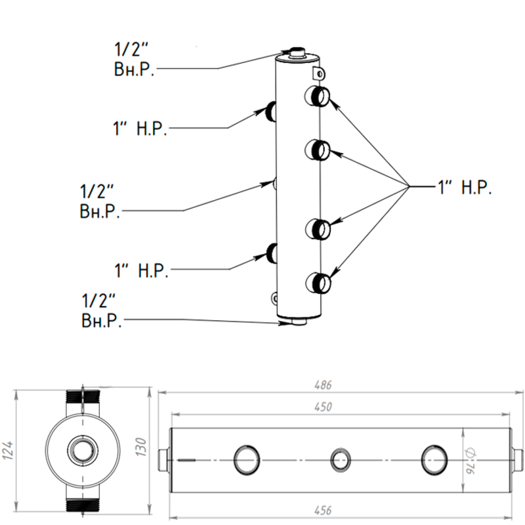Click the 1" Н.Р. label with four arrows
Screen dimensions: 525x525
(x=465, y=187)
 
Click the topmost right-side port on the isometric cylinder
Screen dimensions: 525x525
(x=320, y=96)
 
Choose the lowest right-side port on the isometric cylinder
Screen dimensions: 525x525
(x=320, y=283)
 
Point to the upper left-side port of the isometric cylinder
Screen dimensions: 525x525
(x=272, y=111)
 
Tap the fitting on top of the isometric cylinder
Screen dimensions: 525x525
(x=299, y=52)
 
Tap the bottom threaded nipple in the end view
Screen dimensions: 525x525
(x=83, y=506)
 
